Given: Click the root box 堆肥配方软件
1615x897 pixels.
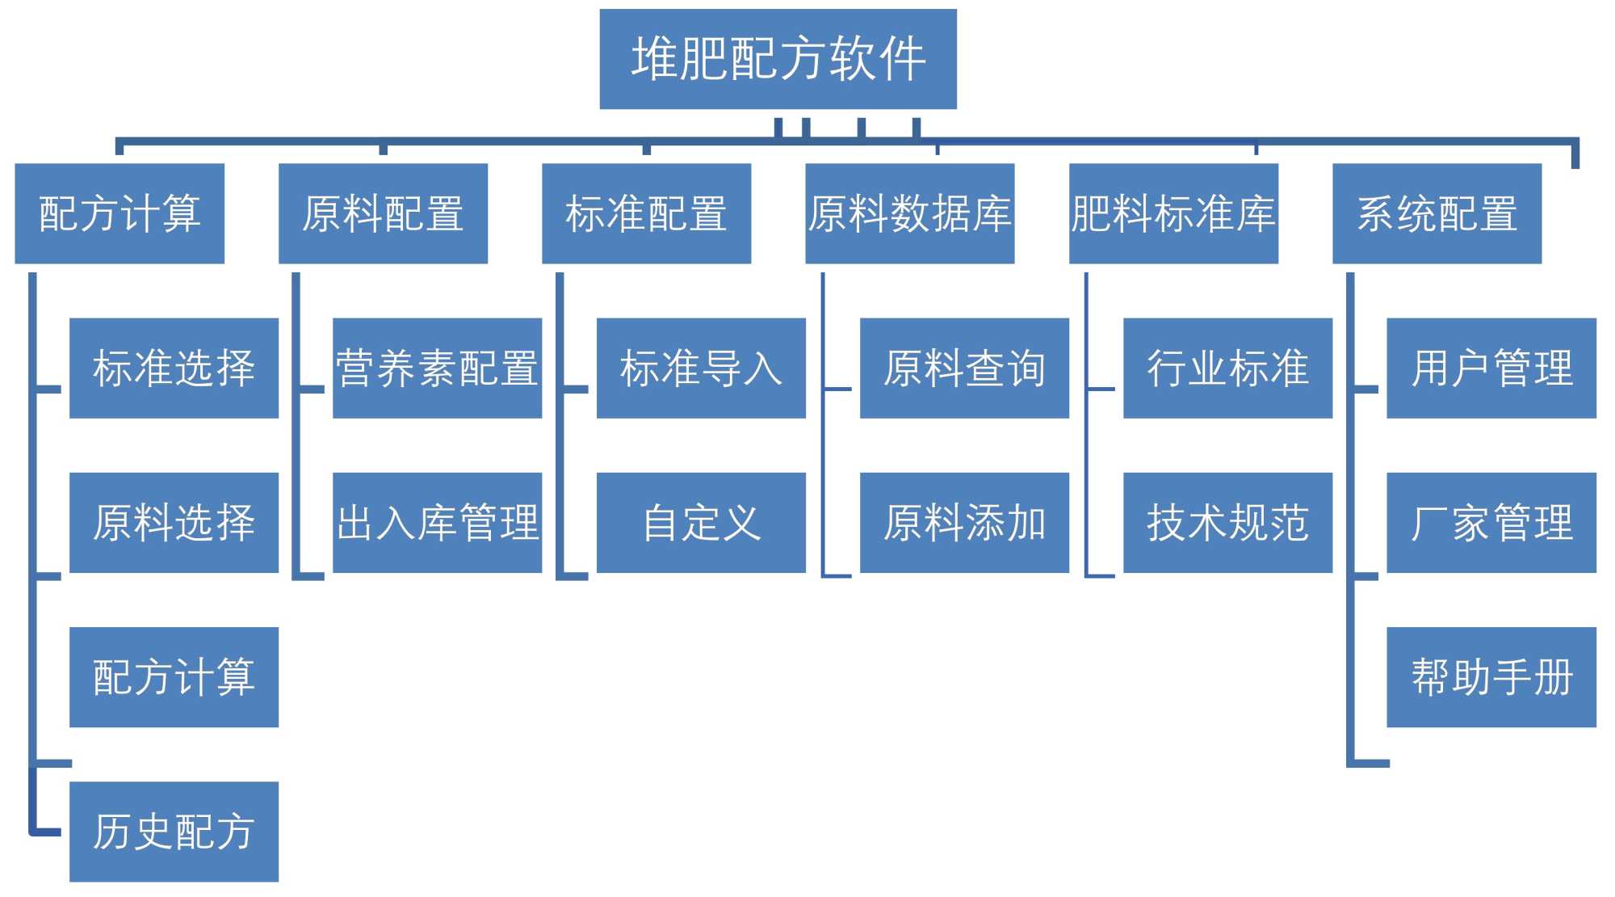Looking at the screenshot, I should (778, 59).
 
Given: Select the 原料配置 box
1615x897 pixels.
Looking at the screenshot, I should (383, 213).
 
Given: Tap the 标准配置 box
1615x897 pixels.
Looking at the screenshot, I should (646, 213).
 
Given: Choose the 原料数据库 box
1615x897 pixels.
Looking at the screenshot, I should (909, 213).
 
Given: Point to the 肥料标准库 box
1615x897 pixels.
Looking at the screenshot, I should (1173, 213).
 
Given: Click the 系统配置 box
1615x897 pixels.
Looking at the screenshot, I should (1437, 213).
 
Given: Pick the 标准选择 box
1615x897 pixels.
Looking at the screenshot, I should (174, 368).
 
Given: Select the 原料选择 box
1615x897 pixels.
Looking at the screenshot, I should (174, 522).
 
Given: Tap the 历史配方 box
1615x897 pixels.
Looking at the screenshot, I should (174, 831).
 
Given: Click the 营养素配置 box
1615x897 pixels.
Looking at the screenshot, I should (437, 368).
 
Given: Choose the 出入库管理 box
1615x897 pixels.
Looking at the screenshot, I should (437, 522).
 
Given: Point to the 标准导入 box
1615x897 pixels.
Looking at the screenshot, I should (701, 368).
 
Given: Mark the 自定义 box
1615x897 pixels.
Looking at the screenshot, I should (701, 522).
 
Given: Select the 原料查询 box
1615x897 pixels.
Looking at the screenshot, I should (964, 368).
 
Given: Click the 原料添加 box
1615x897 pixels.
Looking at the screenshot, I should (964, 522).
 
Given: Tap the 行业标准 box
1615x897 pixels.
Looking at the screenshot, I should (1227, 368).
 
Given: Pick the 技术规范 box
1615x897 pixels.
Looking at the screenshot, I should (1227, 522).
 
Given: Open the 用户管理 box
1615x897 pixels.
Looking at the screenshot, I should (1491, 368).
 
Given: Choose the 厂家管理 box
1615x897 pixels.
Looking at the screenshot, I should (1491, 522).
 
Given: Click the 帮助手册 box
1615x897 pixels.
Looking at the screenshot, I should (1491, 676).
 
